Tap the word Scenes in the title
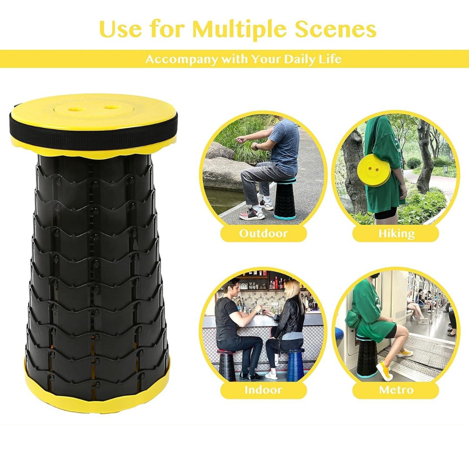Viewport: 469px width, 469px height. [x=336, y=29]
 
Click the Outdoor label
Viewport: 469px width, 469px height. [x=264, y=233]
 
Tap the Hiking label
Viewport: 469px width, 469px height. [x=396, y=233]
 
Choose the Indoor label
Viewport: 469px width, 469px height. [x=264, y=390]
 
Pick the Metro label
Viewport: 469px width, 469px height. [x=396, y=390]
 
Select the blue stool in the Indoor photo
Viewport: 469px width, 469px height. [x=294, y=365]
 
